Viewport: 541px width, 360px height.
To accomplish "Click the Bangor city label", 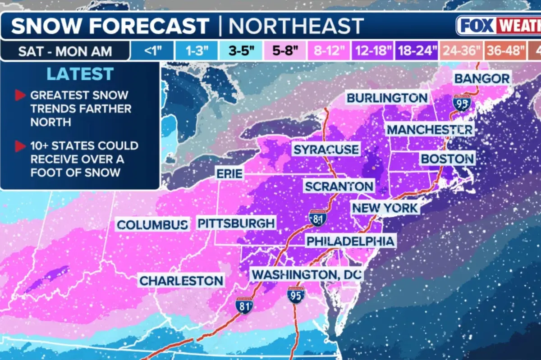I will pyautogui.click(x=482, y=78).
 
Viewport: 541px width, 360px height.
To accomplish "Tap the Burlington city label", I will pyautogui.click(x=387, y=98).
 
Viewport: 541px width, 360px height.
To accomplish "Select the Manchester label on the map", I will pyautogui.click(x=430, y=130).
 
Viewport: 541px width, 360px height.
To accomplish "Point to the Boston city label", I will pyautogui.click(x=447, y=159).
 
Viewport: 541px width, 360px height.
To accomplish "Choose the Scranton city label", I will pyautogui.click(x=339, y=186).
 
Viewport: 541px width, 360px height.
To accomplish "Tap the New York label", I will pyautogui.click(x=385, y=208).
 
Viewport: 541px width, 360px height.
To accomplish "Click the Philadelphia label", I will pyautogui.click(x=350, y=241).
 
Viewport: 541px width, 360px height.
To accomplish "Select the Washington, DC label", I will pyautogui.click(x=307, y=274).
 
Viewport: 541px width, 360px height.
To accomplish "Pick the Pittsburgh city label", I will pyautogui.click(x=236, y=223).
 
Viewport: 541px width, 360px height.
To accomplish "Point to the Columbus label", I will pyautogui.click(x=152, y=224).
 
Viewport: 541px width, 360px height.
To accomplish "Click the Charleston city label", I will pyautogui.click(x=181, y=281).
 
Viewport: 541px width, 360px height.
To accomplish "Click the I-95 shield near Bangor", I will pyautogui.click(x=462, y=103).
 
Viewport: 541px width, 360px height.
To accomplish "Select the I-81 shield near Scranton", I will pyautogui.click(x=318, y=218).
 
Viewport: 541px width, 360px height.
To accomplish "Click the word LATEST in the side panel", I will pyautogui.click(x=80, y=74).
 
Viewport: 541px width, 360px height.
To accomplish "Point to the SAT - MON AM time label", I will pyautogui.click(x=65, y=51).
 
